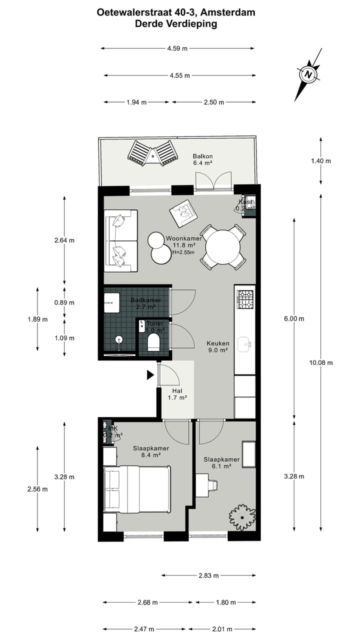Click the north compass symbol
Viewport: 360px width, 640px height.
pyautogui.click(x=308, y=74)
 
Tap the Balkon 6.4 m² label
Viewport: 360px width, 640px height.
pyautogui.click(x=202, y=159)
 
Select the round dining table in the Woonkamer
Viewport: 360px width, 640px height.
pyautogui.click(x=223, y=247)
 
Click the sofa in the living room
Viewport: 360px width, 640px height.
pyautogui.click(x=120, y=240)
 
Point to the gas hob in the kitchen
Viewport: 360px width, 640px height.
pyautogui.click(x=245, y=299)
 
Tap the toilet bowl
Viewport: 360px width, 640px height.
pyautogui.click(x=153, y=342)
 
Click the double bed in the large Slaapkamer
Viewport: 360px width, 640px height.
pyautogui.click(x=136, y=489)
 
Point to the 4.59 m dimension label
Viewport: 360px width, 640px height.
pyautogui.click(x=177, y=48)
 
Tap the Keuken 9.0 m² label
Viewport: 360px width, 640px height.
pyautogui.click(x=218, y=347)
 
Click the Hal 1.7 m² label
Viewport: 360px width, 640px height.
pyautogui.click(x=177, y=394)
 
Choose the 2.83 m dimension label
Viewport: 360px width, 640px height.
pyautogui.click(x=208, y=575)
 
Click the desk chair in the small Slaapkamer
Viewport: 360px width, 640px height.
pyautogui.click(x=212, y=484)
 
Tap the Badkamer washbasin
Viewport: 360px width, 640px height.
pyautogui.click(x=111, y=298)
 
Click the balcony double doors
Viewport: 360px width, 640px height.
pyautogui.click(x=213, y=181)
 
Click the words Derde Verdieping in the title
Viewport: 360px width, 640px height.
pyautogui.click(x=176, y=23)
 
